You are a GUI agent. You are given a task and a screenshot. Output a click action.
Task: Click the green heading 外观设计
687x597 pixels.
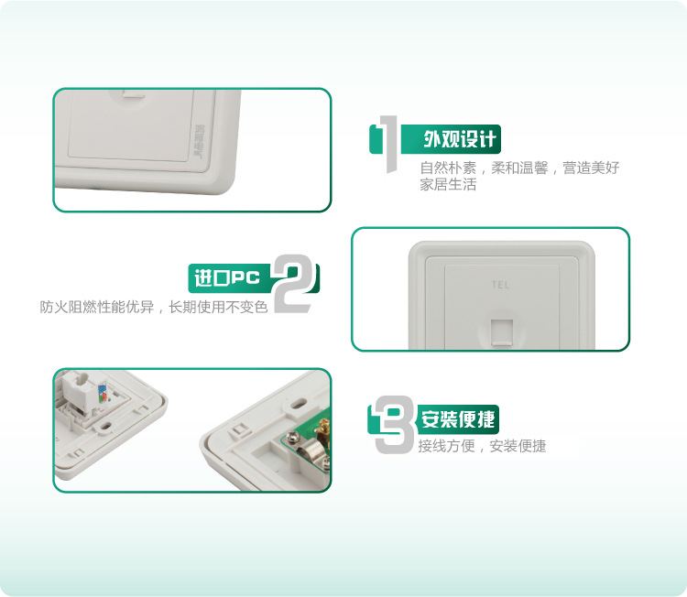click(x=459, y=139)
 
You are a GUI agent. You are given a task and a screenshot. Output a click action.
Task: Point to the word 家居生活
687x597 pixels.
click(x=448, y=184)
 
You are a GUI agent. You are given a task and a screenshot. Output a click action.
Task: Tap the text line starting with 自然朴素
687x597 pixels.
click(x=519, y=168)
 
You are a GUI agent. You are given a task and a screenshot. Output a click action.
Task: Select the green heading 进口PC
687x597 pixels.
click(x=227, y=277)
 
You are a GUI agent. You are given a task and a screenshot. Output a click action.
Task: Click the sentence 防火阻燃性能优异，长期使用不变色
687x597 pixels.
click(x=154, y=307)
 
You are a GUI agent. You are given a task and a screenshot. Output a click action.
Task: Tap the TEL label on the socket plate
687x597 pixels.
click(x=500, y=285)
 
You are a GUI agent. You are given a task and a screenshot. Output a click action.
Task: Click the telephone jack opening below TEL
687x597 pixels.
click(x=502, y=333)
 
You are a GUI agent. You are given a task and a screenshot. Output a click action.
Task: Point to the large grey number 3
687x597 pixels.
click(x=394, y=425)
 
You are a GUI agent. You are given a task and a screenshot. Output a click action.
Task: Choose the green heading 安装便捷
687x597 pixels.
click(x=458, y=418)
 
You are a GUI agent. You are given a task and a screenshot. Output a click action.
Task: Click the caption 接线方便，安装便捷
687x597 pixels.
click(x=482, y=446)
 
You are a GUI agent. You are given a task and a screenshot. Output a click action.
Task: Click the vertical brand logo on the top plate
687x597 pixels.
click(x=200, y=141)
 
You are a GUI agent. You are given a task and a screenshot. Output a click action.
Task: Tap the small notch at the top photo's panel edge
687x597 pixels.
click(x=133, y=93)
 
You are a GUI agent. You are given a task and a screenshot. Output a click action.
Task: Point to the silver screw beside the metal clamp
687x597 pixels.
click(x=292, y=436)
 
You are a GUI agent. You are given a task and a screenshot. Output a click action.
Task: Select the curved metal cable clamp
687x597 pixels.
click(x=309, y=454)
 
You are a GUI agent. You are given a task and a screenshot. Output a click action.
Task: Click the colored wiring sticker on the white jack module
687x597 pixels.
click(x=102, y=393)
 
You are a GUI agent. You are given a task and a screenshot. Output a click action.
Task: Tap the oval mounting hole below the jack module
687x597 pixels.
click(x=105, y=425)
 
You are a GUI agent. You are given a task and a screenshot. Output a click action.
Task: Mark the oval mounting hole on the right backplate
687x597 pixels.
click(x=300, y=403)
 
